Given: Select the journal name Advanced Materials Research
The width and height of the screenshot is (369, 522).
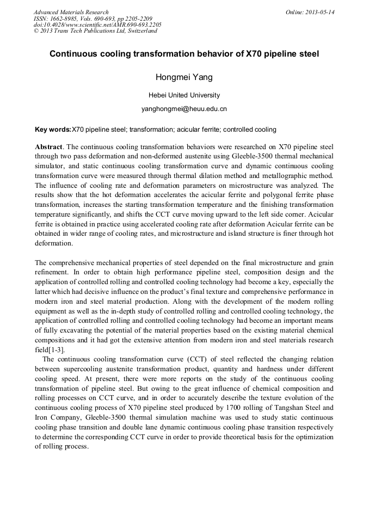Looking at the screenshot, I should pos(71,12).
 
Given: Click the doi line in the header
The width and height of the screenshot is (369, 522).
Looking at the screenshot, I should pos(97,24).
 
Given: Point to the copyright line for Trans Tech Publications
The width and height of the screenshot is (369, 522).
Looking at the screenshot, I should pos(95,31).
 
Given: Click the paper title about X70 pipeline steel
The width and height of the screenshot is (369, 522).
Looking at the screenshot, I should pos(184,54).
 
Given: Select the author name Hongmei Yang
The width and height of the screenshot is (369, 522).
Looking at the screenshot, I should pos(184,77).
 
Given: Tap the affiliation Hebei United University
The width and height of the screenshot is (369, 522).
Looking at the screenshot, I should pos(184,95).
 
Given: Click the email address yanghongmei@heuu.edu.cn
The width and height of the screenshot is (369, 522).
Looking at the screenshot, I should pos(184,109).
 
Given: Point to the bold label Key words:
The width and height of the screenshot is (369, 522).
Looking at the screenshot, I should pos(53,130).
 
